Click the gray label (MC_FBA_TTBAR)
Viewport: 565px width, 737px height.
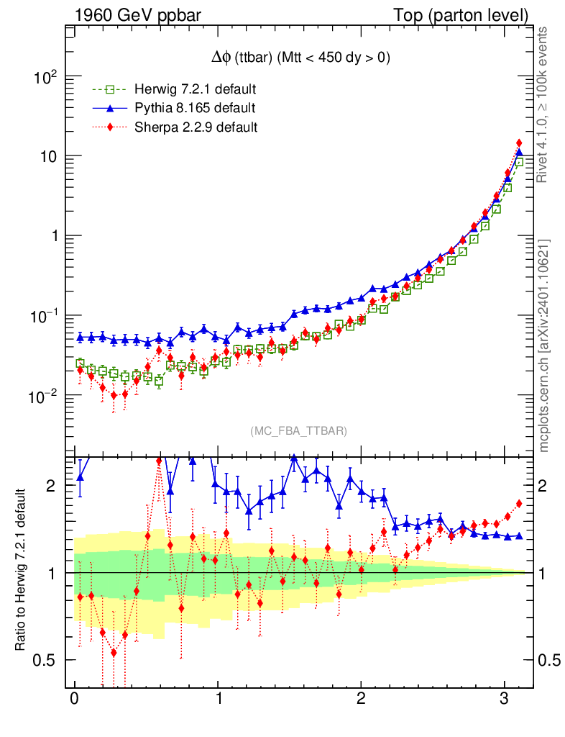point(299,431)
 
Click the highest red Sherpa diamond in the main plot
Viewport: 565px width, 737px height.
point(519,143)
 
